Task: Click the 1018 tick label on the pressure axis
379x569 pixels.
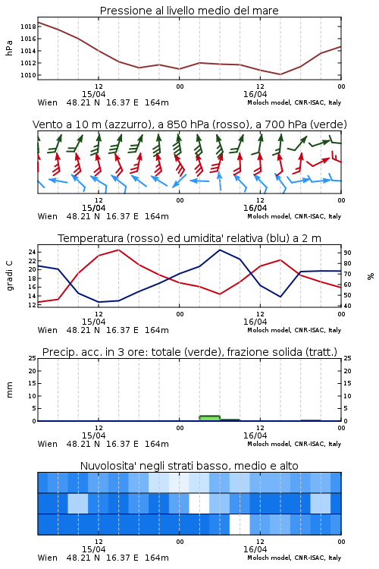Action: point(28,27)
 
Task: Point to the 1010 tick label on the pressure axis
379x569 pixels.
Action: point(28,75)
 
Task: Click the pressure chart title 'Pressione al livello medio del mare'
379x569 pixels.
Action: point(189,11)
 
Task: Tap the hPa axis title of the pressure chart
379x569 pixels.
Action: point(9,48)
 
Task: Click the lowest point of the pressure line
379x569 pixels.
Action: point(280,74)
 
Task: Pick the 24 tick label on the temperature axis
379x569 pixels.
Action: point(32,252)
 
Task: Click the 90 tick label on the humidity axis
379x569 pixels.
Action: point(347,253)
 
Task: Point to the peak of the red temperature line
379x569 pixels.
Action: point(118,250)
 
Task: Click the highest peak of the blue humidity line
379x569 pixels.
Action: point(220,250)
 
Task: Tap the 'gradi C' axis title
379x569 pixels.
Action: point(9,275)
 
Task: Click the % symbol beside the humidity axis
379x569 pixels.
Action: point(371,276)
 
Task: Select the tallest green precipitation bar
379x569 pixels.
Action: point(210,418)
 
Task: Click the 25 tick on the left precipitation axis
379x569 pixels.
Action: point(33,358)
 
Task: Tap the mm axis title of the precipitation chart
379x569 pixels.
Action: point(9,390)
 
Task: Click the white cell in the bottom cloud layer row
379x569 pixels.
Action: point(240,524)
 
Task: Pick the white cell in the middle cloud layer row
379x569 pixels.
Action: point(199,503)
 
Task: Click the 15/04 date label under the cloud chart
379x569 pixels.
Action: point(93,549)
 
